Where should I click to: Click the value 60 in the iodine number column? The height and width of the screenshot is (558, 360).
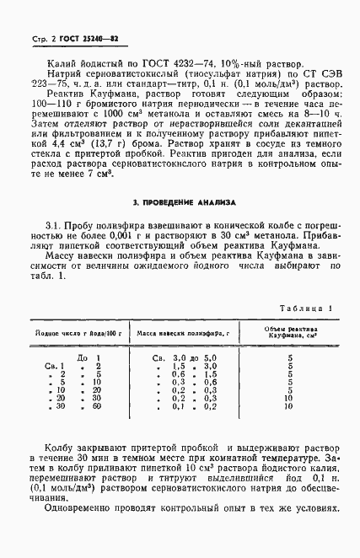96,406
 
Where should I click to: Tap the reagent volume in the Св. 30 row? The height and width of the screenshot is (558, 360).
289,406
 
